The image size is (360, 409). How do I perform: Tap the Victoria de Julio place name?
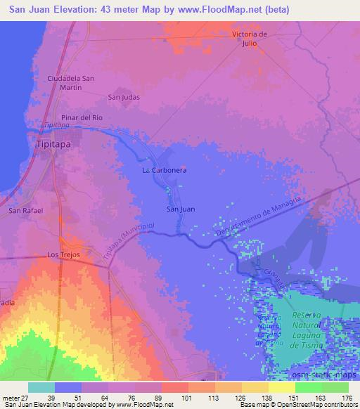(251, 39)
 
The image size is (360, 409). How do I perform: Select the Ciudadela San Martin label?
(70, 83)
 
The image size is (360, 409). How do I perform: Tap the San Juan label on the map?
(180, 209)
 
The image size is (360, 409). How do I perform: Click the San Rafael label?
(25, 210)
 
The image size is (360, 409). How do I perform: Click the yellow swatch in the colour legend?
(281, 387)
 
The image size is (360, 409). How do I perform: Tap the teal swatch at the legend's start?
(41, 387)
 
